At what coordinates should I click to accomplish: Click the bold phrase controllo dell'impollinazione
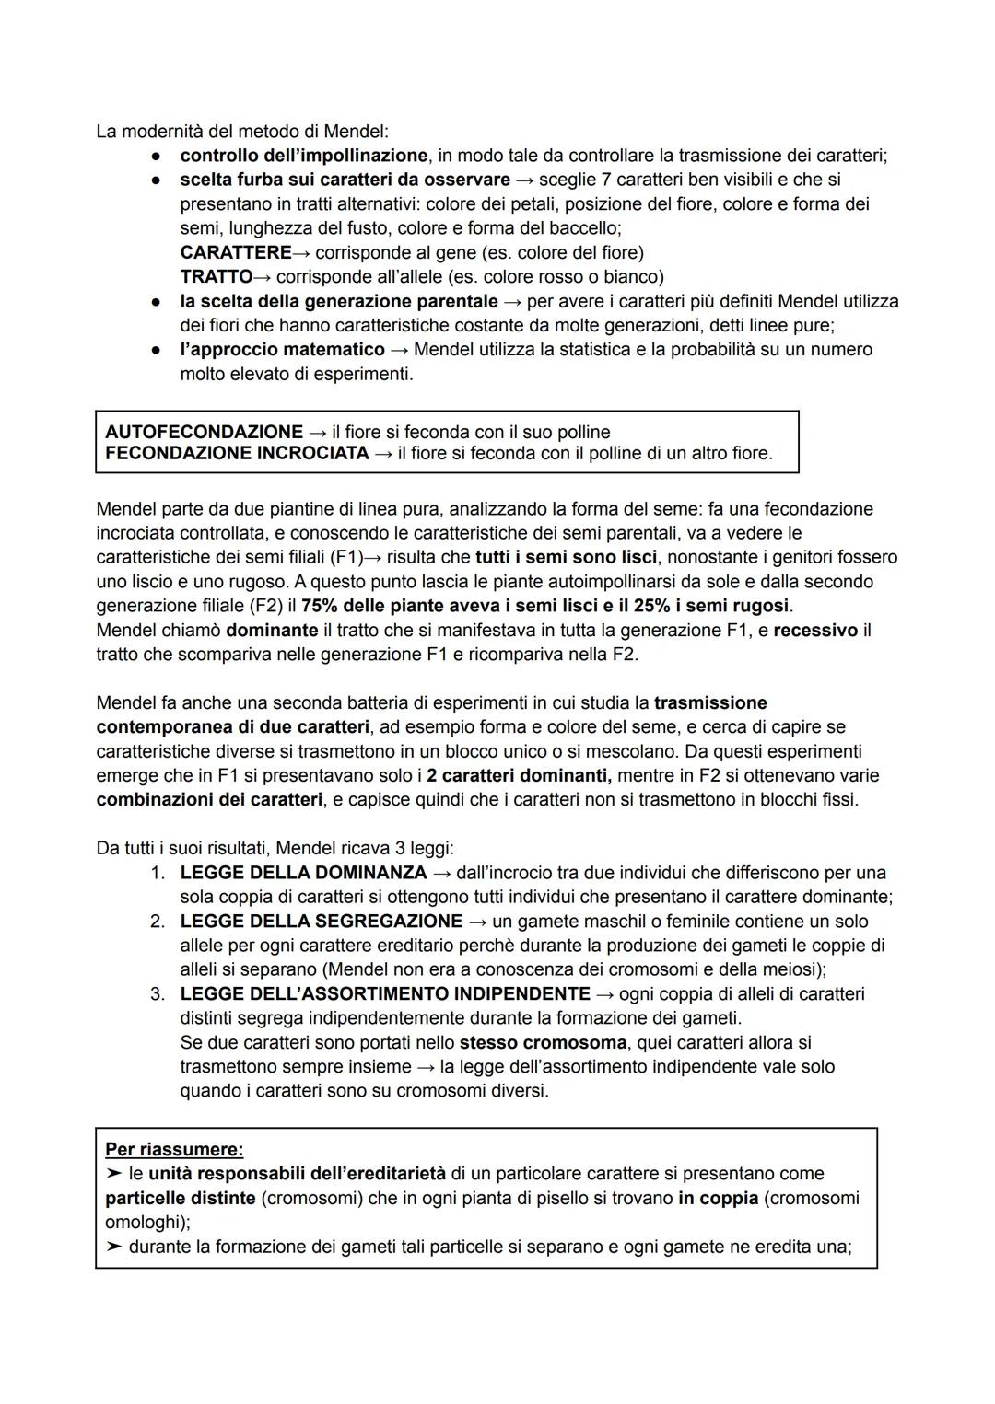tap(303, 156)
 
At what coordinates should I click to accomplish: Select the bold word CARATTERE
tap(235, 252)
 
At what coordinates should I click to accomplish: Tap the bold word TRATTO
tap(216, 276)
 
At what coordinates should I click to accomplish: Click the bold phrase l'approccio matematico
tap(282, 350)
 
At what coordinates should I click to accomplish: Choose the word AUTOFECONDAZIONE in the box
tap(204, 432)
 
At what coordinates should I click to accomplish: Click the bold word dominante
tap(272, 631)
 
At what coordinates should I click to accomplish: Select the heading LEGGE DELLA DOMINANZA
tap(303, 873)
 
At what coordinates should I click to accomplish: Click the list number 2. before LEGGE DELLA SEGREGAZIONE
tap(158, 922)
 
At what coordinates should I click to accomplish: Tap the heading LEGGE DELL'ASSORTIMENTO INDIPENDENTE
tap(385, 994)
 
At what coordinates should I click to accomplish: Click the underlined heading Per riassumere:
tap(174, 1150)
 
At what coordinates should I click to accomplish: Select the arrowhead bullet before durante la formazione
tap(113, 1247)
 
